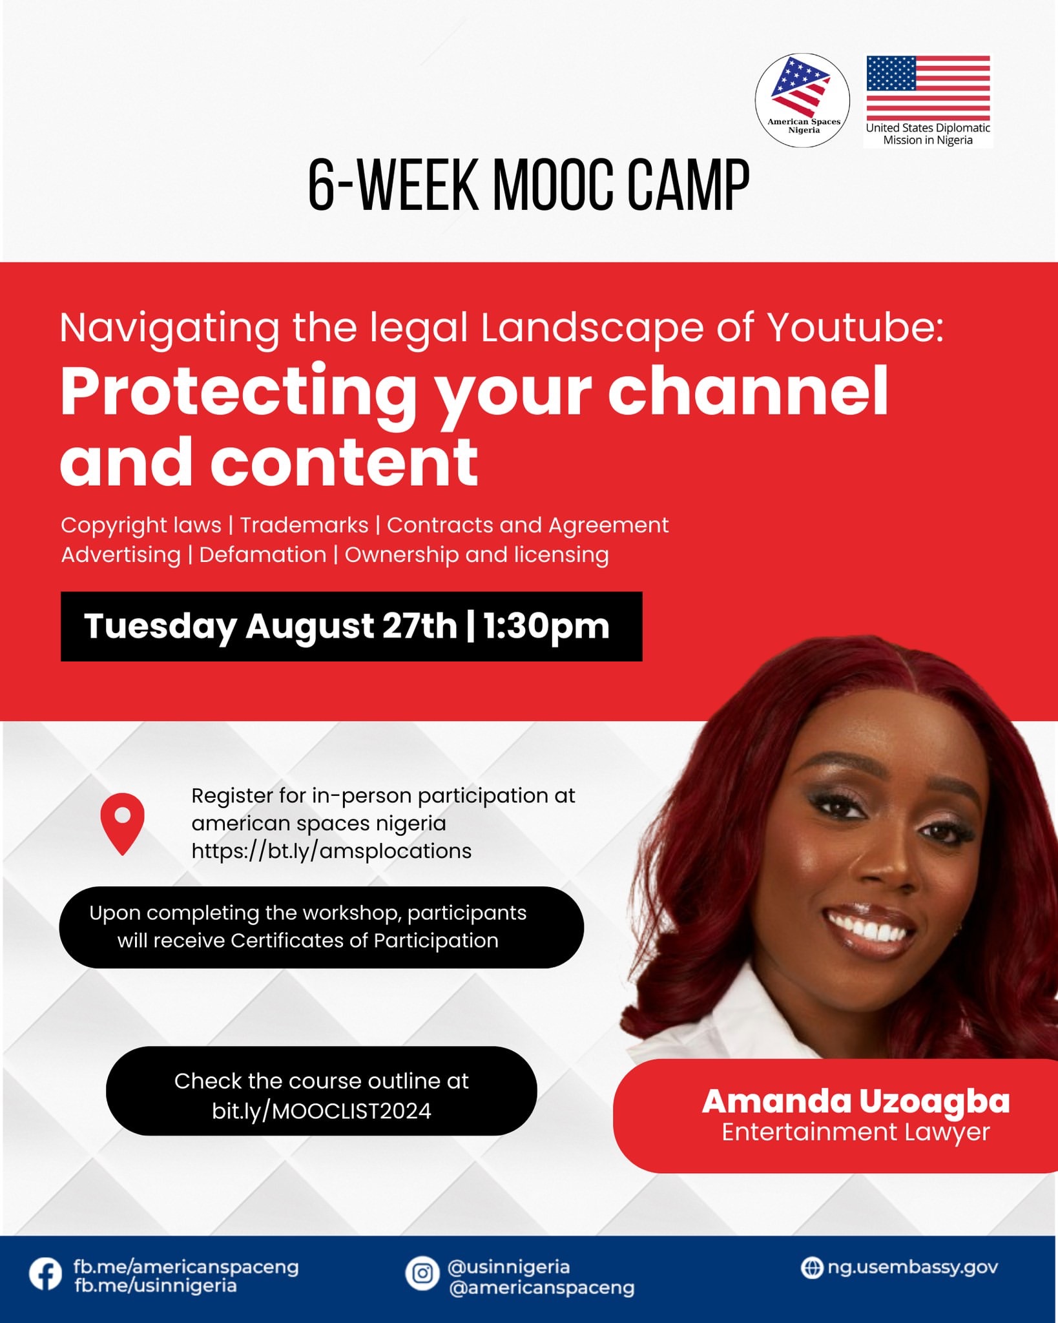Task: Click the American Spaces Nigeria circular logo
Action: [802, 100]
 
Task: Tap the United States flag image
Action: [928, 88]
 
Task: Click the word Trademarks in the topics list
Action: [304, 525]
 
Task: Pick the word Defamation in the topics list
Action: [263, 554]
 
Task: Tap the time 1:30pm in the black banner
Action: [546, 626]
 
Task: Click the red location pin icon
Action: [122, 824]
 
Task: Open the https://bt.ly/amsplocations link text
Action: [331, 851]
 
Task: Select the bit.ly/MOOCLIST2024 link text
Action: [322, 1110]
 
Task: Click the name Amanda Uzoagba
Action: [856, 1101]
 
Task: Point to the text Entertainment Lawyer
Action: [856, 1132]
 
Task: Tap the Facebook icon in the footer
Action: [46, 1275]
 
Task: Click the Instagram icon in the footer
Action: [422, 1273]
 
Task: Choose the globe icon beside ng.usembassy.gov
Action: [812, 1267]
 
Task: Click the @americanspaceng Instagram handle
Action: [541, 1287]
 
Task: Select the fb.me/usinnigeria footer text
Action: [155, 1285]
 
